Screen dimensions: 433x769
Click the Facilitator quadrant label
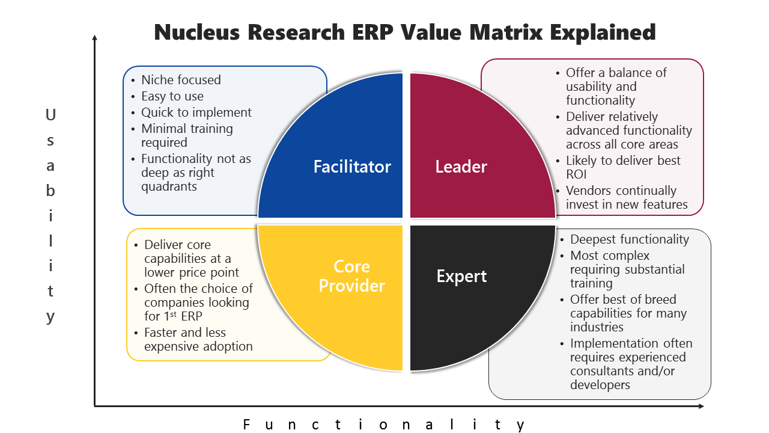coord(352,167)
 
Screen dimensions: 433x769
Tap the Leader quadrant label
coord(461,167)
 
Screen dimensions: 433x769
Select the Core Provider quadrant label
coord(351,276)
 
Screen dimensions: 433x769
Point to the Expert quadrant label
coord(461,276)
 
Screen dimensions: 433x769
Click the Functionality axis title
coord(384,425)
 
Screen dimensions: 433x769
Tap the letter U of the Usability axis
coord(50,114)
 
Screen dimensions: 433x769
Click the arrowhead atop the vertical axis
coord(95,38)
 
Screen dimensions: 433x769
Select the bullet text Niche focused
coord(181,80)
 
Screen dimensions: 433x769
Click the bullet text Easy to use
coord(172,96)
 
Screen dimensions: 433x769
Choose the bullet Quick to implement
coord(196,112)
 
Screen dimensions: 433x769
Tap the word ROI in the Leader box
coord(577,174)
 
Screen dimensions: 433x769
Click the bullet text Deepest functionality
coord(630,239)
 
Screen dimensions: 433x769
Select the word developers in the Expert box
coord(600,385)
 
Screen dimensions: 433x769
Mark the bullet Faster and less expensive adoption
coord(198,339)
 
